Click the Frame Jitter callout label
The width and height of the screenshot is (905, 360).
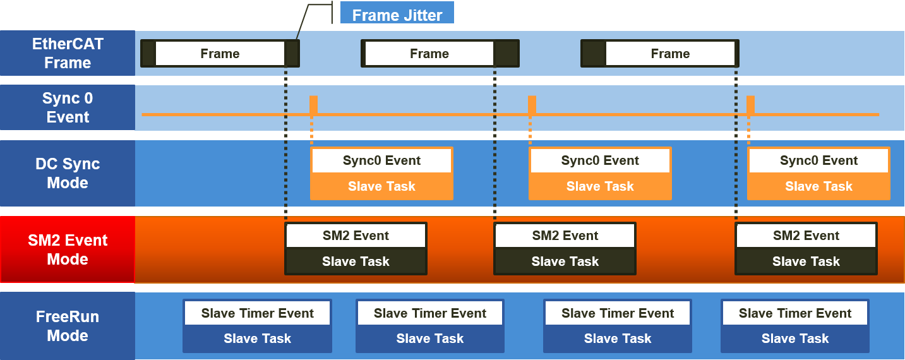(x=397, y=15)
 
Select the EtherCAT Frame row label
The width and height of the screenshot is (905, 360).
(x=68, y=54)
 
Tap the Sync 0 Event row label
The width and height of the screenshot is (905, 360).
(x=68, y=107)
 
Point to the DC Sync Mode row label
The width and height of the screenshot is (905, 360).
(x=68, y=173)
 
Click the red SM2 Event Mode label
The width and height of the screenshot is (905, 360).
(x=68, y=249)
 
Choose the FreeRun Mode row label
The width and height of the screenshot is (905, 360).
(x=68, y=326)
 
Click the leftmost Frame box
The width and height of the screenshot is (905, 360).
(x=220, y=54)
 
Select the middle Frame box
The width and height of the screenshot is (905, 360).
(x=429, y=54)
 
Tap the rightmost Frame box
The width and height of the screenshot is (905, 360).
(x=670, y=54)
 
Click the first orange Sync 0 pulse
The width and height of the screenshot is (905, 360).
(x=313, y=105)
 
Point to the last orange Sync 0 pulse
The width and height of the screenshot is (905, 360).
(x=750, y=105)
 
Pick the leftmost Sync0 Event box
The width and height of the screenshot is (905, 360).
(x=381, y=160)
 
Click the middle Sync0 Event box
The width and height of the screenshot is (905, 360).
(x=600, y=160)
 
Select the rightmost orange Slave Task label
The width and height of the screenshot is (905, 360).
(x=818, y=186)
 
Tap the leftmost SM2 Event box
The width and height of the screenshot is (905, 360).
(x=356, y=236)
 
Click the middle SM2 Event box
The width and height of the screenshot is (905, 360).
(x=565, y=236)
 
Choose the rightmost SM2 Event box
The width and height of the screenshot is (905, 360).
(x=806, y=236)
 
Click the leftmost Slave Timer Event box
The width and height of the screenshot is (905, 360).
(x=257, y=313)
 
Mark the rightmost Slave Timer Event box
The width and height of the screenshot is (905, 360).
(x=795, y=313)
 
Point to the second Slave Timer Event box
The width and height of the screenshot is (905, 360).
(x=429, y=313)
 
